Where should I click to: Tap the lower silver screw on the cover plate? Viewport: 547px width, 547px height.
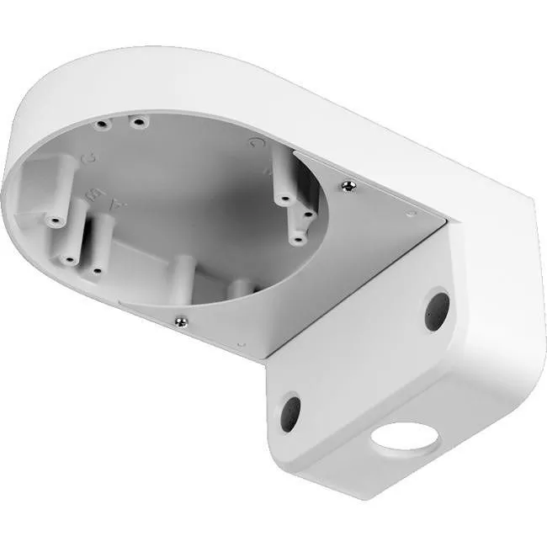pos(181,320)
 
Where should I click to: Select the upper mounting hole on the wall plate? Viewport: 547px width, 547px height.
pos(436,310)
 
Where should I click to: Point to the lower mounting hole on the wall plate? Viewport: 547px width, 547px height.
pos(289,412)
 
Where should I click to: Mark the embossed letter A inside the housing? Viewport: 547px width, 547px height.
pos(118,204)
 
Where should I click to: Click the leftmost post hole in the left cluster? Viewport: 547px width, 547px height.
pos(56,222)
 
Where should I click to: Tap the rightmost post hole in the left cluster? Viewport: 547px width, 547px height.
pos(97,271)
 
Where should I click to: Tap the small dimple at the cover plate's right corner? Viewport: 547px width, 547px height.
pos(412,215)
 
